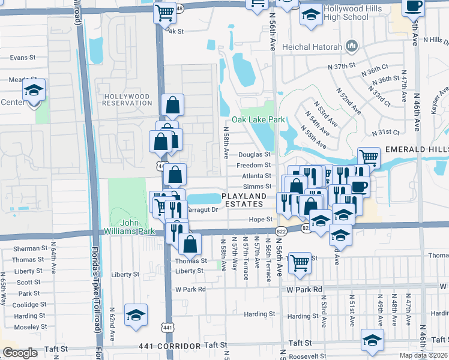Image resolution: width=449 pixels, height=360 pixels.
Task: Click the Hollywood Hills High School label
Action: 346,13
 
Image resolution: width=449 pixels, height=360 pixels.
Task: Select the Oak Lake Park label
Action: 262,119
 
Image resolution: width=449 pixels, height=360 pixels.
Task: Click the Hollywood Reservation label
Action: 127,100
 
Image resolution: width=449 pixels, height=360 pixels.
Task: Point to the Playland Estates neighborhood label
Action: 244,200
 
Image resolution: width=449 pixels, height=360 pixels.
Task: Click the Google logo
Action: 20,353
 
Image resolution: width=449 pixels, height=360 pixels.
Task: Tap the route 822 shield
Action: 281,232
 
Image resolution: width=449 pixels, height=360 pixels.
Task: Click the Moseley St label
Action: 27,327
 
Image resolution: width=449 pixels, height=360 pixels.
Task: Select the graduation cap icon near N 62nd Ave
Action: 136,314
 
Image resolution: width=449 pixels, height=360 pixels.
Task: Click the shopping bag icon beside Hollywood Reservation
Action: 172,105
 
